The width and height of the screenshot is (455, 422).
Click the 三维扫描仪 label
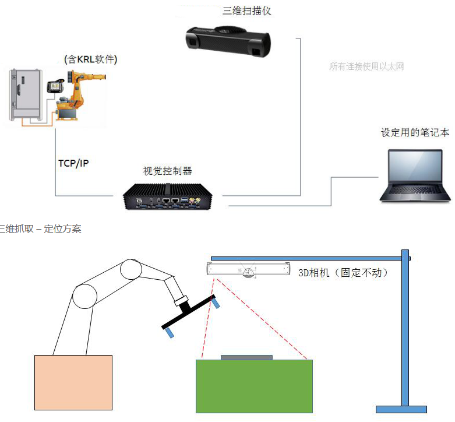click(247, 11)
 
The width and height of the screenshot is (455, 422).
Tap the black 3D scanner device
click(229, 41)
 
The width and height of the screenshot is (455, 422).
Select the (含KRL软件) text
click(90, 59)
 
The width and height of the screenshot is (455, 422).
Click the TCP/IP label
click(73, 163)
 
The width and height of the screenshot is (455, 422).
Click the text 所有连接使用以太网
click(366, 66)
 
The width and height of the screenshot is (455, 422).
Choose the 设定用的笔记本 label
click(415, 132)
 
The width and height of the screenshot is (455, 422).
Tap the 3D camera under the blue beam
click(249, 270)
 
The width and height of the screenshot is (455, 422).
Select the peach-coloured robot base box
click(73, 382)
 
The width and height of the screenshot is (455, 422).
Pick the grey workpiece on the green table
click(246, 356)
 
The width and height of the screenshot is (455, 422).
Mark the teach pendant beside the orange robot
click(55, 86)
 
